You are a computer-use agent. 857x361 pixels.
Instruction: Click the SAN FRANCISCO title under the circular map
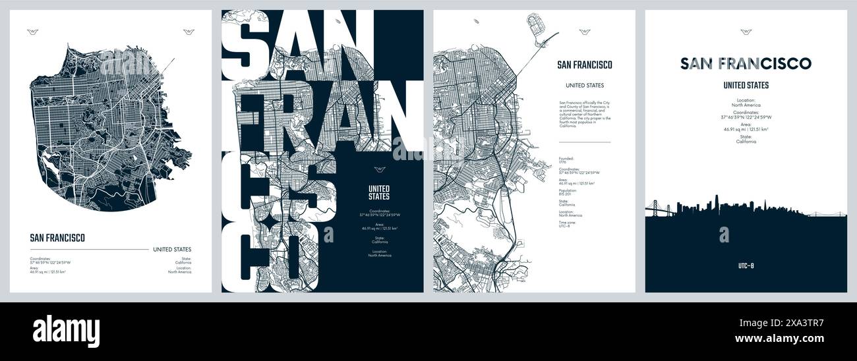click(57, 238)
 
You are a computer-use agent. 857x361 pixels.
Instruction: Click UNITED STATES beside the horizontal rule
click(172, 249)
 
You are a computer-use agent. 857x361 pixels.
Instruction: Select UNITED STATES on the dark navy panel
click(378, 192)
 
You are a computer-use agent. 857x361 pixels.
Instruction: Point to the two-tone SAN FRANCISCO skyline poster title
click(746, 63)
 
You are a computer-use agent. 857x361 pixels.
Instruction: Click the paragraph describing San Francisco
click(585, 114)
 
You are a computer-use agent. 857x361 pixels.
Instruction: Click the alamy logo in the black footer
click(66, 331)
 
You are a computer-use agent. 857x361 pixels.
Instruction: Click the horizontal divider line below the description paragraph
click(585, 142)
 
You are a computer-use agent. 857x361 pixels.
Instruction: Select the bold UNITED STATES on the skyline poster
click(746, 85)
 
